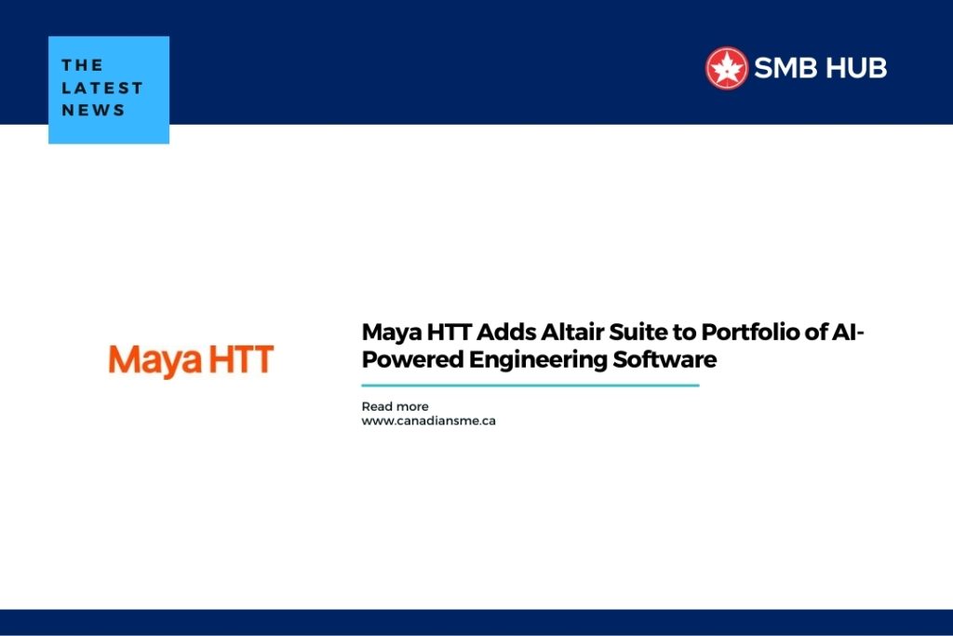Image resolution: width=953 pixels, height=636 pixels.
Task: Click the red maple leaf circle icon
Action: [x=727, y=68]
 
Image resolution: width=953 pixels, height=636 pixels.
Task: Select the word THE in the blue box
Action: [x=82, y=65]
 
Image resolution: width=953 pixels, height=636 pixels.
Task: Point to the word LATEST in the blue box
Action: [x=102, y=88]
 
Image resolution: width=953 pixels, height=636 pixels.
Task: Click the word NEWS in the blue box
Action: [x=93, y=110]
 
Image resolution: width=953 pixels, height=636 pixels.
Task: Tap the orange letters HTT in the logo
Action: [x=240, y=360]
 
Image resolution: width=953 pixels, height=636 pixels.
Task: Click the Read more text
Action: [x=395, y=407]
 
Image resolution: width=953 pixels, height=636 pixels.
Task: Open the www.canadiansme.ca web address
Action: [x=428, y=421]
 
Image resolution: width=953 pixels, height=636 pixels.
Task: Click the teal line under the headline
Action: [x=530, y=385]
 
